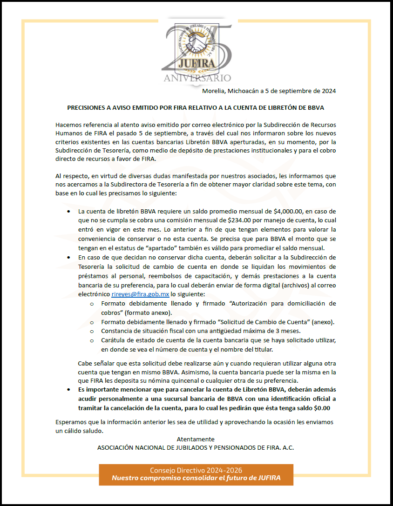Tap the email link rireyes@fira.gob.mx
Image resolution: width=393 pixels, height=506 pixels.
point(141,294)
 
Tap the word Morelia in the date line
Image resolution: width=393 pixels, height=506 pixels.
point(214,91)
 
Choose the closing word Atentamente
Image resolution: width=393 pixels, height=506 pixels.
point(196,439)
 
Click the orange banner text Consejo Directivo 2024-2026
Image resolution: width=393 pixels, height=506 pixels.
point(196,470)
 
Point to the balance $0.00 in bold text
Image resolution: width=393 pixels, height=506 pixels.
point(322,408)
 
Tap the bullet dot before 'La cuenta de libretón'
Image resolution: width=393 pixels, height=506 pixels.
point(69,211)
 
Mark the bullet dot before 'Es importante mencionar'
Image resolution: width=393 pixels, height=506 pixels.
point(69,389)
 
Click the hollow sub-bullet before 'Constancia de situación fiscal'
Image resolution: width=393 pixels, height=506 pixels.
point(92,331)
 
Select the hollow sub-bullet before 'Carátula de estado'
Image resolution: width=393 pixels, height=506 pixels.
point(92,340)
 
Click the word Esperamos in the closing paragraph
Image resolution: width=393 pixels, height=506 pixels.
point(71,422)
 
